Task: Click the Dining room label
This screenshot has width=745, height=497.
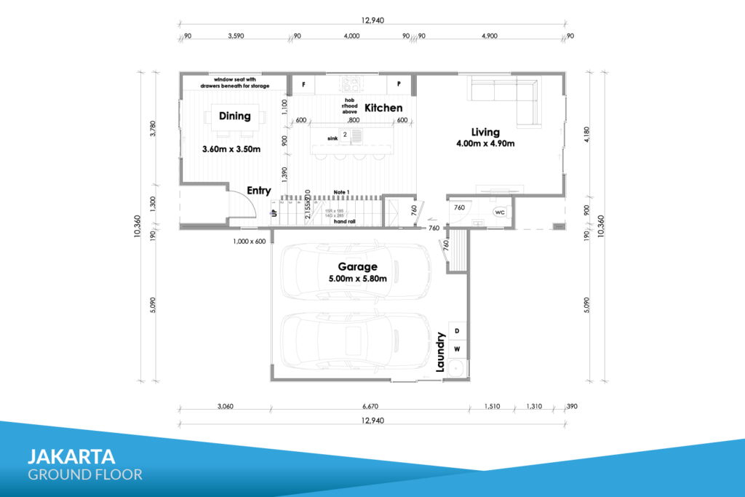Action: tap(234, 116)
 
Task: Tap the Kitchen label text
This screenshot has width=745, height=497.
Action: tap(383, 108)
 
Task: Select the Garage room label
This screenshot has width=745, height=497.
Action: tap(356, 267)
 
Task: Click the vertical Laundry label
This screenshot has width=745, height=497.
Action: tap(440, 352)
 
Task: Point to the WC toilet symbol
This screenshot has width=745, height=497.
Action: tap(500, 212)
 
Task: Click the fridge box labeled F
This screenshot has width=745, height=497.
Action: tap(303, 84)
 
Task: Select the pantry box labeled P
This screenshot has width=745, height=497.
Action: tap(399, 84)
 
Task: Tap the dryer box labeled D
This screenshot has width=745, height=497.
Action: tap(458, 331)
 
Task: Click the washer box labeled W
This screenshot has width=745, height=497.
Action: tap(458, 349)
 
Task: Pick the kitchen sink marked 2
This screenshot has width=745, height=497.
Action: tap(345, 135)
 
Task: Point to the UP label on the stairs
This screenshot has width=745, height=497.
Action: tap(274, 213)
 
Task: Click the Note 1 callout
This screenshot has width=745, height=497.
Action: tap(340, 191)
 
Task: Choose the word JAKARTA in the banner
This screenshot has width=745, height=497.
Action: tap(71, 456)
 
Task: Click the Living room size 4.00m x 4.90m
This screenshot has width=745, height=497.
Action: tap(485, 143)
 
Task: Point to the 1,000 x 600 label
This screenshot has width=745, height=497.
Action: tap(249, 241)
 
